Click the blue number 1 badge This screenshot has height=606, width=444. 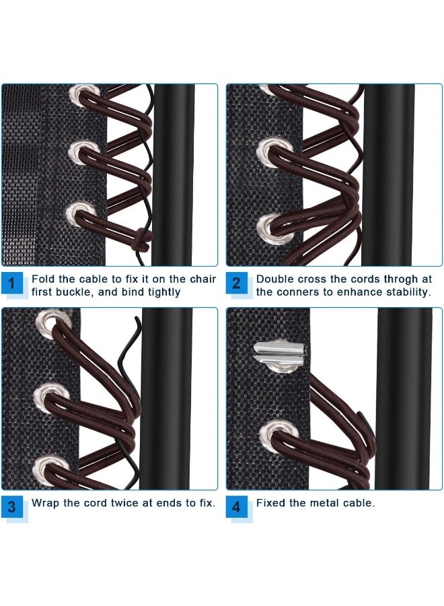coord(12,283)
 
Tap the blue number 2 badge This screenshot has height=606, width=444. coord(236,283)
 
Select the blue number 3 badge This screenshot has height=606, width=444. coord(12,506)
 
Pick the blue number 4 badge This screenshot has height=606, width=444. coord(236,506)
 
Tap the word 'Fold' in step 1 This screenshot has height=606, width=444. coord(42,279)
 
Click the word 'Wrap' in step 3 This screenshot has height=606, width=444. coord(46,503)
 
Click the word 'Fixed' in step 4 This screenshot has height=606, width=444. coord(270,503)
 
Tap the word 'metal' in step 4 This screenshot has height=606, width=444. coord(326,503)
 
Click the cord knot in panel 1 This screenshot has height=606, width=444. coord(142,238)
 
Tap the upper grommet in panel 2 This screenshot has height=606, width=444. coord(270,148)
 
